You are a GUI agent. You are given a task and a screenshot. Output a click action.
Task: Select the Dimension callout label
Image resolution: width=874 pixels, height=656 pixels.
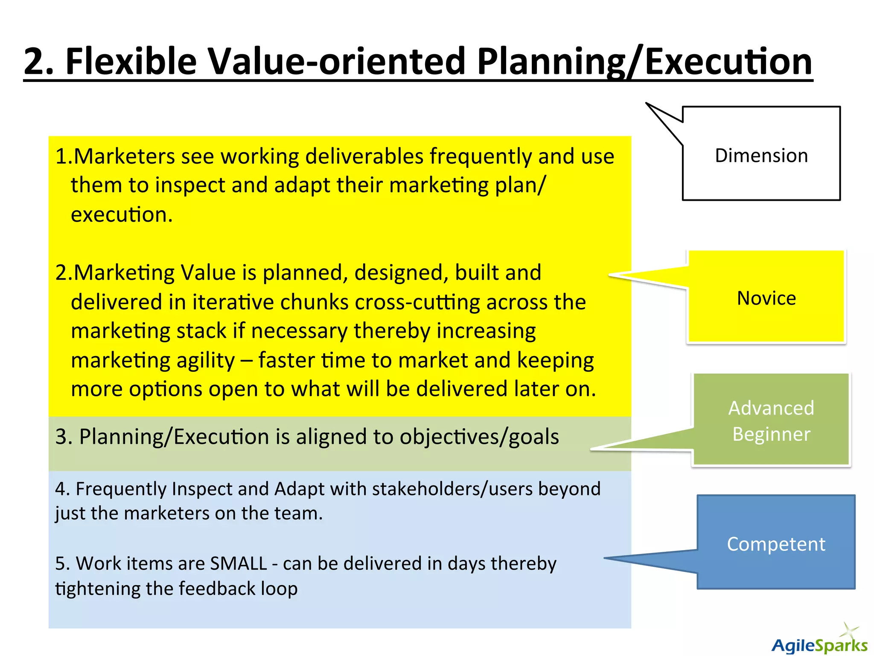[761, 155]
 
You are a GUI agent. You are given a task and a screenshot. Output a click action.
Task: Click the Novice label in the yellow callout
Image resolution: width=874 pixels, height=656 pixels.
[766, 298]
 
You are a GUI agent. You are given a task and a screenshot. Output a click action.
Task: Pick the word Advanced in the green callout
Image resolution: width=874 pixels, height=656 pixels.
[771, 408]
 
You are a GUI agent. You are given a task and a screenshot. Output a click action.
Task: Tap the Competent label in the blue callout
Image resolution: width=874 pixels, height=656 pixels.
[776, 544]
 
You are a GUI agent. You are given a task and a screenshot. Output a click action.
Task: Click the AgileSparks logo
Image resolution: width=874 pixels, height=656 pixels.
[819, 643]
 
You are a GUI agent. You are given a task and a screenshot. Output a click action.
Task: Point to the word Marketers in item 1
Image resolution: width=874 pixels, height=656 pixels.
[124, 156]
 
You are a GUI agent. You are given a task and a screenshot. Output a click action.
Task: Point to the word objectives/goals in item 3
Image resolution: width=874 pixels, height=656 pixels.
[479, 437]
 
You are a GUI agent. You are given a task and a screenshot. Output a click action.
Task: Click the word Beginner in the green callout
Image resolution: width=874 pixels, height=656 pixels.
[771, 434]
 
